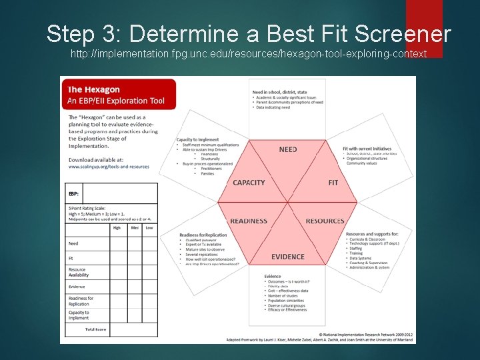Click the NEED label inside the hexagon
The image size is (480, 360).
click(288, 149)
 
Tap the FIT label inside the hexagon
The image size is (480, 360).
click(333, 183)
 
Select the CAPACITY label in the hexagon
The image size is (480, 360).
click(249, 183)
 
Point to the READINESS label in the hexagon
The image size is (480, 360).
click(249, 221)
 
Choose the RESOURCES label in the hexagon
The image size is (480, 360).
click(325, 221)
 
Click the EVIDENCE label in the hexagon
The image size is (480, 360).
click(288, 257)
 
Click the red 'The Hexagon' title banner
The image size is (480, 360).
click(119, 95)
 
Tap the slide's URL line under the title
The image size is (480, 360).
click(249, 53)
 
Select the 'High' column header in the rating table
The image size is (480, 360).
click(117, 227)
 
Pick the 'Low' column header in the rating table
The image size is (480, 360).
click(149, 227)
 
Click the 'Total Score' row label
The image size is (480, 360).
click(96, 329)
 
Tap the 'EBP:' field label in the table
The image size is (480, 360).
click(73, 194)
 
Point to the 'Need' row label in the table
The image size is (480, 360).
click(73, 244)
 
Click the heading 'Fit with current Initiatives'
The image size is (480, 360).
click(367, 149)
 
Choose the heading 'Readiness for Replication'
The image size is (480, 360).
click(203, 235)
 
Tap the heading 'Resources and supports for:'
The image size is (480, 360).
click(372, 235)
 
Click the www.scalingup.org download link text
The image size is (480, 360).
click(109, 167)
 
